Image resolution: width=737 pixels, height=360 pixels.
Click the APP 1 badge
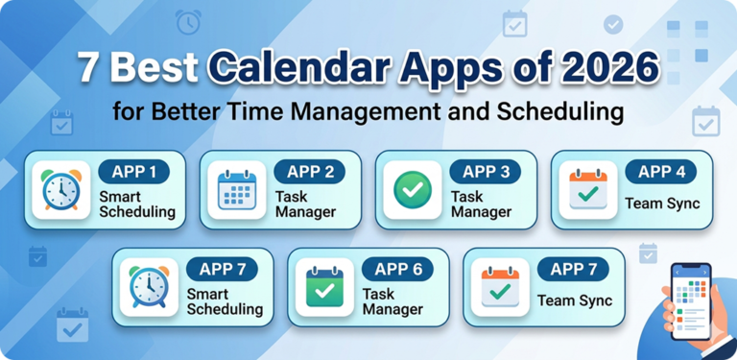133,173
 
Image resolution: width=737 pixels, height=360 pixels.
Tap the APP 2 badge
309,172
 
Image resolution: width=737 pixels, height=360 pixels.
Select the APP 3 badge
485,172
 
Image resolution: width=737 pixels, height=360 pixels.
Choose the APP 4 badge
660,172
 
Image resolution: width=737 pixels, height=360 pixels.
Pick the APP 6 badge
397,270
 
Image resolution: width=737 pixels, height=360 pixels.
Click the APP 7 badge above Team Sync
572,270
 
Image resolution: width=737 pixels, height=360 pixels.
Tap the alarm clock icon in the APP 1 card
61,190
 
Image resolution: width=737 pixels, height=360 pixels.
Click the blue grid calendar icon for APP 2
237,190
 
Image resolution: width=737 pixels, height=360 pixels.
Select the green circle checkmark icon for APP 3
413,190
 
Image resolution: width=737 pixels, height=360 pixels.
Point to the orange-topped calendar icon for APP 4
587,190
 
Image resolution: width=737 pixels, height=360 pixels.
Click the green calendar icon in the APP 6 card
324,287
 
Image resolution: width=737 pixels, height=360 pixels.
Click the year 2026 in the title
610,70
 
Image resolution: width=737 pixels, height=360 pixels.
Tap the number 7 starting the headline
89,70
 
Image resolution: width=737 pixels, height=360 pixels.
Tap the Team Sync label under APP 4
662,203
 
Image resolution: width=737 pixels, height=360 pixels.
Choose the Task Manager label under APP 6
392,300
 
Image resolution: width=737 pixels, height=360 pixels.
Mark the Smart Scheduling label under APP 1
137,203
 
